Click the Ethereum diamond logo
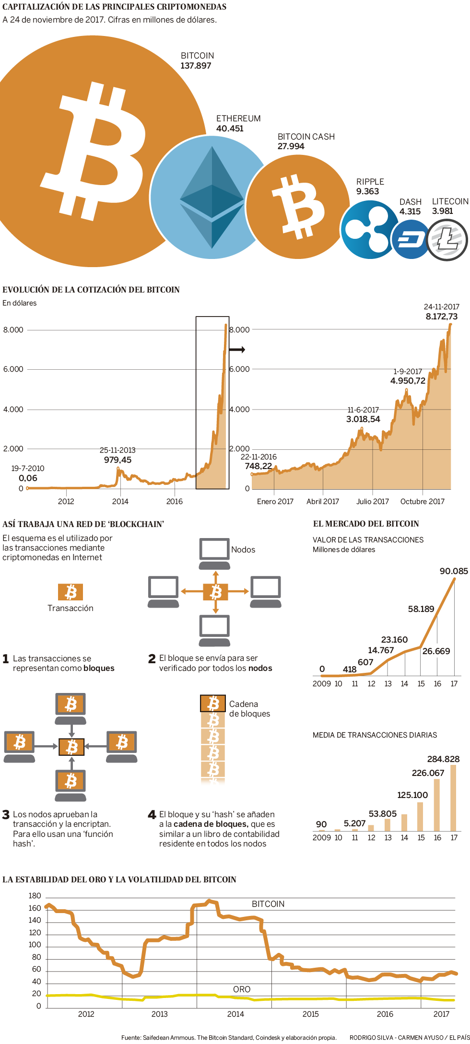point(212,197)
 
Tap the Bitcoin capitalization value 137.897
point(196,66)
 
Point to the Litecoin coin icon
point(447,240)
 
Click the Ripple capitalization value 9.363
point(367,191)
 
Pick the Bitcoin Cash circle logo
point(298,207)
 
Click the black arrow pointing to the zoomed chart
point(237,350)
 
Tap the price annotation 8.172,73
point(441,317)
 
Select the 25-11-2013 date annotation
point(117,450)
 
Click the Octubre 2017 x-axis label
point(422,502)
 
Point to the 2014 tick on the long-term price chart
point(120,502)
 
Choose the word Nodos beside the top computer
point(243,550)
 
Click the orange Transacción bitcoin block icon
point(70,592)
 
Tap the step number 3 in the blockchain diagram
point(6,815)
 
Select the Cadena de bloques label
point(249,709)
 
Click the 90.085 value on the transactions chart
point(453,571)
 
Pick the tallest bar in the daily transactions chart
point(453,798)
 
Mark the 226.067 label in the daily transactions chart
point(428,773)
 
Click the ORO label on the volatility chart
point(242,989)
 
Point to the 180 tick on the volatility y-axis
point(35,896)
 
